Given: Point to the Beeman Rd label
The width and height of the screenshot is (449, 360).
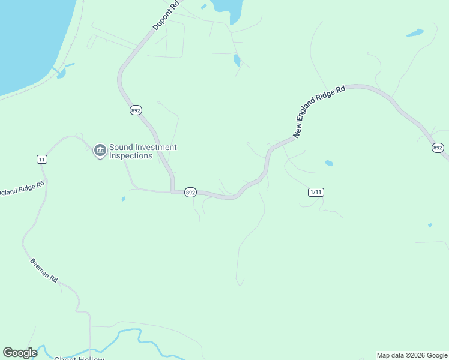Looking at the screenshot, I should click(x=44, y=271).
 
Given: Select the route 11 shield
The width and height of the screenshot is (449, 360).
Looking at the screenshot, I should click(x=41, y=159).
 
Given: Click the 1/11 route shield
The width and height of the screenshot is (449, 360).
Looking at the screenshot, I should click(x=316, y=192).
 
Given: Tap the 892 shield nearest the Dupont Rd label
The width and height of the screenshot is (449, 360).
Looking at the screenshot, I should click(x=136, y=110).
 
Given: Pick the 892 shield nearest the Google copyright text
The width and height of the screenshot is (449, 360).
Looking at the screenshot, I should click(x=438, y=148).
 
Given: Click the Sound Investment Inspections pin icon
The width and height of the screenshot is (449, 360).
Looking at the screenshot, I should click(x=100, y=150).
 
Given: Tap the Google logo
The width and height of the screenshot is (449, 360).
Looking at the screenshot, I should click(x=20, y=353).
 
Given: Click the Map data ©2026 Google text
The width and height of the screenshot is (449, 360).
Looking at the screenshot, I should click(x=412, y=355).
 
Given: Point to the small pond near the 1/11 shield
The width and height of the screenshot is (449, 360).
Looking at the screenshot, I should click(x=329, y=163).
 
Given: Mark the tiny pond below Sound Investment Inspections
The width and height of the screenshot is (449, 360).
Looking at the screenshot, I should click(x=123, y=199).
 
